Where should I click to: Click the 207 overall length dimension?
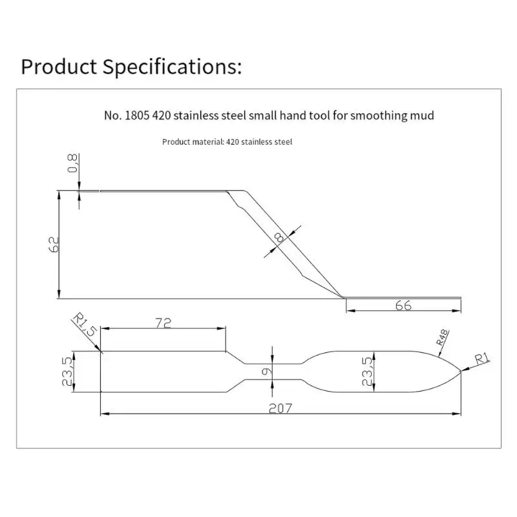(280, 408)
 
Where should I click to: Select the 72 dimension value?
(164, 323)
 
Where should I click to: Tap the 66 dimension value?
(403, 306)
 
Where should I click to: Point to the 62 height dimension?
(54, 244)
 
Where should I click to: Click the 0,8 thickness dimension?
(72, 163)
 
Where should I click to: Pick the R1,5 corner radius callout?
(85, 325)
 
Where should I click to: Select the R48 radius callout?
(443, 337)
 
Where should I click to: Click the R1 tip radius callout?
(482, 359)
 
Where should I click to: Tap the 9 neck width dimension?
(266, 372)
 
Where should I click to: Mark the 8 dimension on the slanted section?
(279, 237)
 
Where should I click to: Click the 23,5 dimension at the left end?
(67, 371)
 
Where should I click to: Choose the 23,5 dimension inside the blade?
(367, 372)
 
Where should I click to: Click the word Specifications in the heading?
(172, 67)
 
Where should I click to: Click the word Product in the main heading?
(59, 67)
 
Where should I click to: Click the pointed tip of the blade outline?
(461, 371)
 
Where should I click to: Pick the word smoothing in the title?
(379, 116)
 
